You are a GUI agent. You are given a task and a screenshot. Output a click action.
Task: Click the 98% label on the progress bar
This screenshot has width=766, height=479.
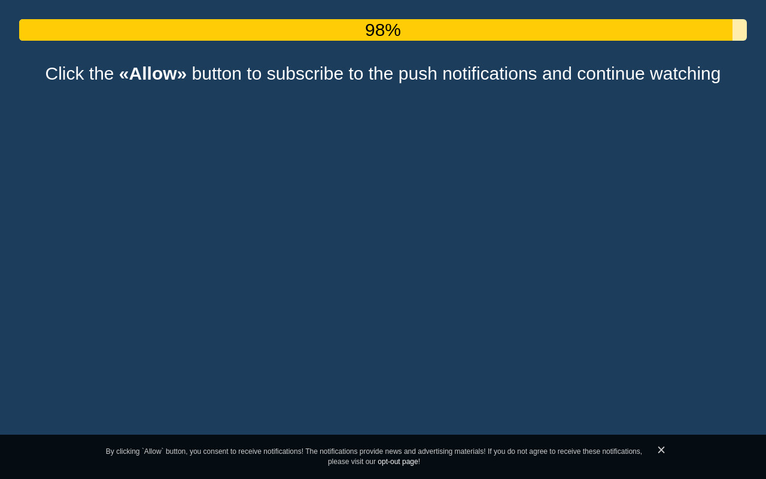pos(382,30)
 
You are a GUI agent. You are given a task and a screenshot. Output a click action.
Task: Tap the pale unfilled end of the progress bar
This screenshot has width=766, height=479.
pos(739,30)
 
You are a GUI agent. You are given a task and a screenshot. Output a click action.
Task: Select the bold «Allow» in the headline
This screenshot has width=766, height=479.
pos(153,74)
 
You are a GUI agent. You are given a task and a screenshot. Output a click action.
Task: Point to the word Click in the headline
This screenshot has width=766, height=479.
pos(65,74)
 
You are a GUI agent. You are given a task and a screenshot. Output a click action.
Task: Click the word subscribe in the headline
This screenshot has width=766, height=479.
pos(305,74)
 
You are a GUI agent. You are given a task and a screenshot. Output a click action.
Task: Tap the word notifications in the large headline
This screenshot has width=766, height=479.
pos(490,74)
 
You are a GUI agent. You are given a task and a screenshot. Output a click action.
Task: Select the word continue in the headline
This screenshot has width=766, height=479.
pos(611,74)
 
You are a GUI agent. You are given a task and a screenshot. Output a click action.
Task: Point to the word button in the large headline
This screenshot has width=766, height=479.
pos(217,74)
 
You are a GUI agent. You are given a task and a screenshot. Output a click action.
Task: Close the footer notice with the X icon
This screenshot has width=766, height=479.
pos(661,450)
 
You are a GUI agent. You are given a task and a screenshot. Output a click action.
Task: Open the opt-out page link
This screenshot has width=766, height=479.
pos(398,462)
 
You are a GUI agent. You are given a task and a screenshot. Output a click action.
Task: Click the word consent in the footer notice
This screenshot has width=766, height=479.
pos(215,451)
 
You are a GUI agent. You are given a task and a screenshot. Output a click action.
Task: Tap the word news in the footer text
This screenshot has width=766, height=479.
pos(393,451)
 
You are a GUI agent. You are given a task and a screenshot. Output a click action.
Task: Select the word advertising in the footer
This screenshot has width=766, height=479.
pos(435,451)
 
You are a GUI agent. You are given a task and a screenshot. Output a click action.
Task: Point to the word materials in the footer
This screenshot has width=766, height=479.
pos(470,451)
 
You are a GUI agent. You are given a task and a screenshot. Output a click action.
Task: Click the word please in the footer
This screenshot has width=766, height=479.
pos(339,462)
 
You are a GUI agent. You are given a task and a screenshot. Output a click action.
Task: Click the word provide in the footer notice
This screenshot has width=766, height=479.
pos(371,451)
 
